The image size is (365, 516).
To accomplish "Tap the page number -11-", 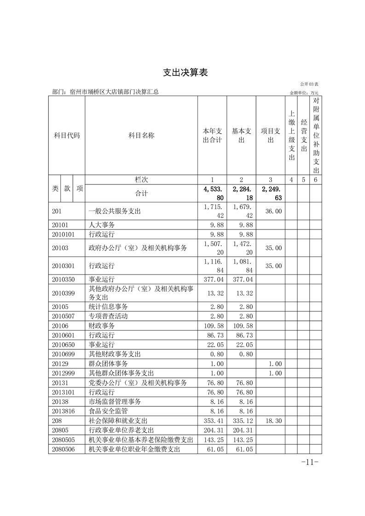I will (309, 462).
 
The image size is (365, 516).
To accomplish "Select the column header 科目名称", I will (141, 136).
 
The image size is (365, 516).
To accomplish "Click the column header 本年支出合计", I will (212, 136).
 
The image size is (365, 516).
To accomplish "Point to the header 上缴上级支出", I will (291, 136).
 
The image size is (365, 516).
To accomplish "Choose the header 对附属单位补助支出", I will (315, 136).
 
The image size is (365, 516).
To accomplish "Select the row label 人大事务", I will (102, 225).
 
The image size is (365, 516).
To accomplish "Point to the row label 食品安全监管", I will (108, 411).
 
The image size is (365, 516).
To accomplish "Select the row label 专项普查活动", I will (108, 316).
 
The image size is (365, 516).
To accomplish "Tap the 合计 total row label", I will (141, 194).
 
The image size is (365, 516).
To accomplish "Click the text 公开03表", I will (313, 84).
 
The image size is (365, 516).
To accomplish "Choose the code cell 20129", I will (60, 363).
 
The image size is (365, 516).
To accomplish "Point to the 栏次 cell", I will (141, 179).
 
